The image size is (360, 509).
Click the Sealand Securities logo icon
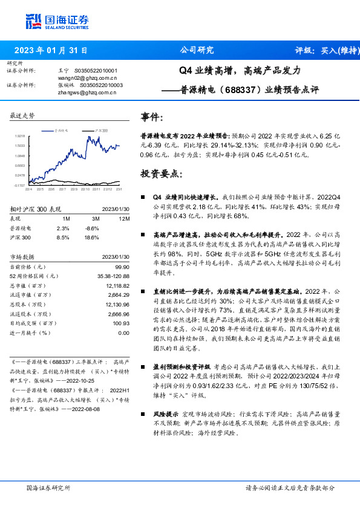(34, 21)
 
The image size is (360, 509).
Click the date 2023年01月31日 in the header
(51, 51)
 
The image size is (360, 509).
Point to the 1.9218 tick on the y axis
(20, 137)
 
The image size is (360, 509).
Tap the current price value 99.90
(122, 267)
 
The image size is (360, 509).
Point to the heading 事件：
(152, 117)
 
